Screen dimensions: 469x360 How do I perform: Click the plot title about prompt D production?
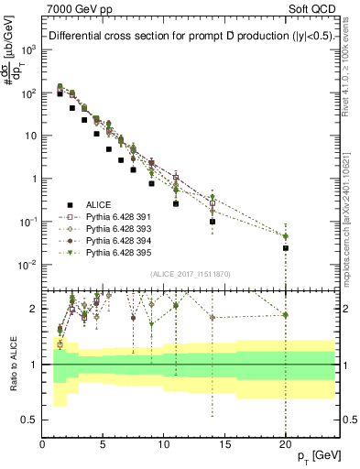pos(190,37)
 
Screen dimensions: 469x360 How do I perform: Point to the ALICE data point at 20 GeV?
pos(286,248)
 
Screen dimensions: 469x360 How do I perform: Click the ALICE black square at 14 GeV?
pos(213,222)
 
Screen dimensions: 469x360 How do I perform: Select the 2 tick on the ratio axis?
pos(35,309)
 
